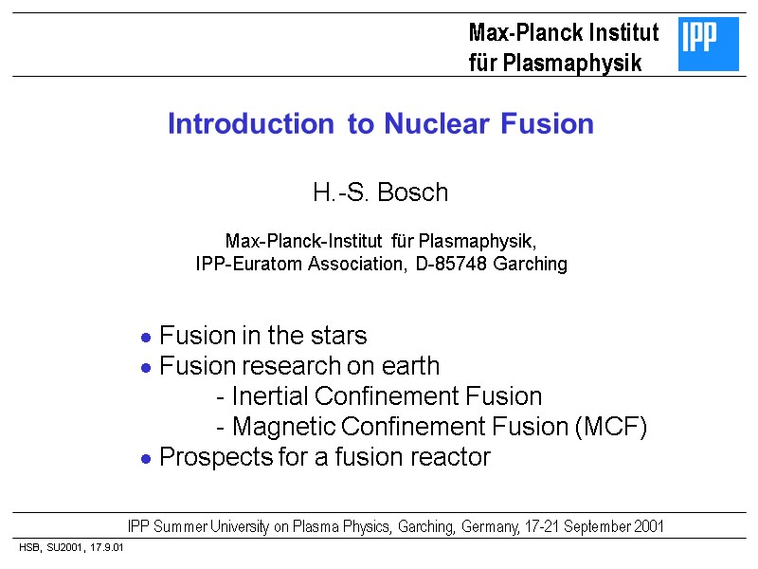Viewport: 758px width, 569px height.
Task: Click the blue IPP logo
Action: tap(709, 45)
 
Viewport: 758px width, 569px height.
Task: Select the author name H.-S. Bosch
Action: tap(380, 193)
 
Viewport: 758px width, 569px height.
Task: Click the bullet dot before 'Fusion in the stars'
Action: tap(146, 338)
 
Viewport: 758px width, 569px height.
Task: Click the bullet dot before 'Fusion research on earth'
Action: tap(146, 368)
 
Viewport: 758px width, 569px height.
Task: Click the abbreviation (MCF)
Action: tap(610, 427)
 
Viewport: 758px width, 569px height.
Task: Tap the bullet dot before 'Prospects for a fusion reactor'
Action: tap(146, 459)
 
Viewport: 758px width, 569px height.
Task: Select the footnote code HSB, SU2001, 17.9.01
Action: tap(72, 548)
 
